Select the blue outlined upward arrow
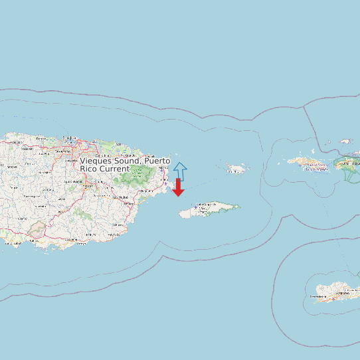(x=180, y=171)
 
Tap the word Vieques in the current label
(x=96, y=161)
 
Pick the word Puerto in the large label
(x=157, y=161)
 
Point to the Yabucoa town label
(x=119, y=226)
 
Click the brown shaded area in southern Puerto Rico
(x=37, y=229)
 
